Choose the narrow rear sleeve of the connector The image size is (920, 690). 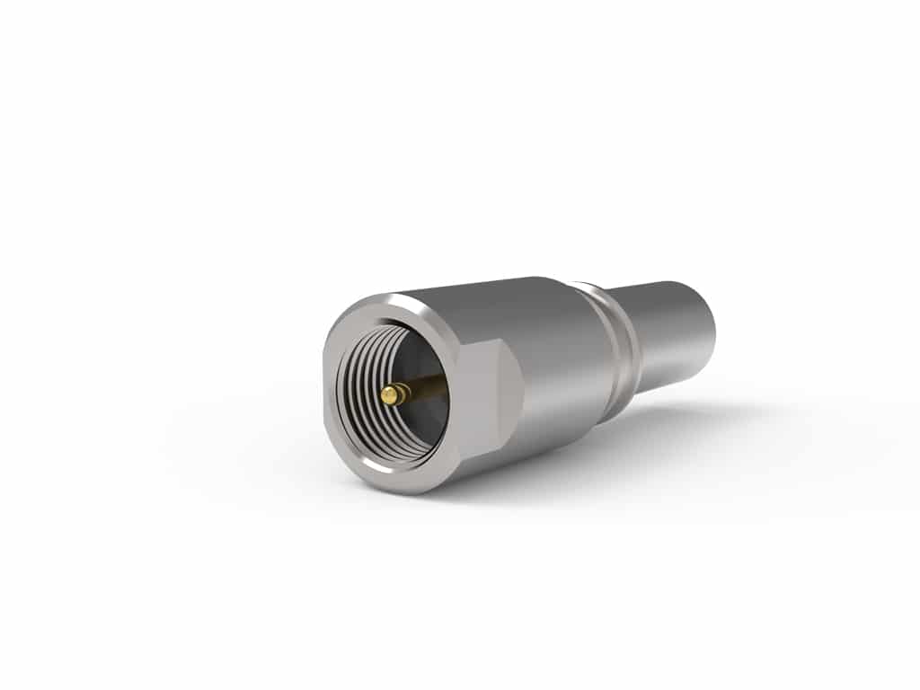669,332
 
